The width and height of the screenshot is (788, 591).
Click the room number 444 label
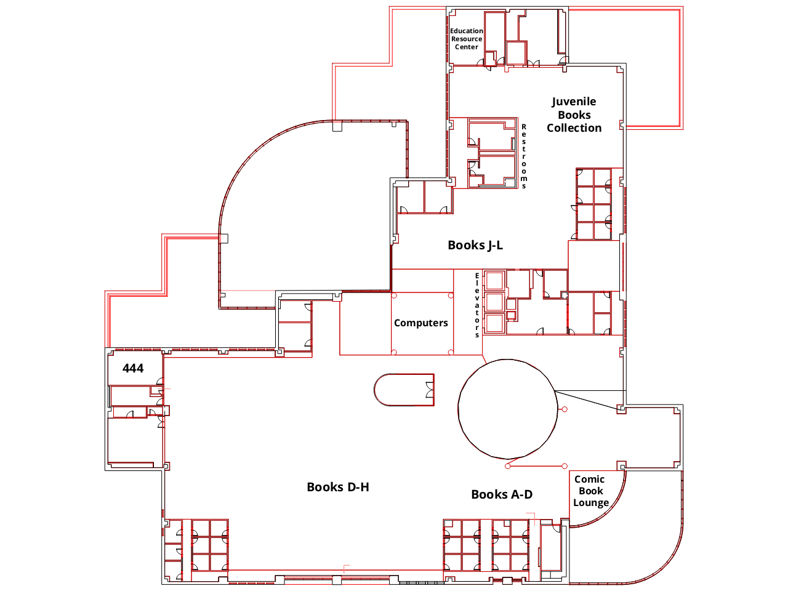[133, 368]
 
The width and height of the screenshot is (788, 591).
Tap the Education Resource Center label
[466, 39]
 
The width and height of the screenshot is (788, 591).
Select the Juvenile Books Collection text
[574, 115]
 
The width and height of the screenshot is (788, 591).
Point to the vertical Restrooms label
[524, 156]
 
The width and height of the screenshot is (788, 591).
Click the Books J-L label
[475, 245]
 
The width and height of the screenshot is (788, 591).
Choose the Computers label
[421, 323]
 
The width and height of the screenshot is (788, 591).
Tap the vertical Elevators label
[477, 305]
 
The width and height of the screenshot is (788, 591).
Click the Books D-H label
[338, 487]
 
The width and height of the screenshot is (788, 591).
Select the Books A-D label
[502, 494]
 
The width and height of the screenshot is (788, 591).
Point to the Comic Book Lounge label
[590, 491]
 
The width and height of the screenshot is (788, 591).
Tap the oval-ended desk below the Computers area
[403, 390]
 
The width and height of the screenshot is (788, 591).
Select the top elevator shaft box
[494, 281]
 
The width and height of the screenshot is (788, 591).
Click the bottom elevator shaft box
[494, 323]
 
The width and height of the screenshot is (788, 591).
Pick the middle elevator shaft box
[494, 302]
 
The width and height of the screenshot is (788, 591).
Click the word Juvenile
[574, 102]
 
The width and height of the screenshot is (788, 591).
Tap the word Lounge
[591, 502]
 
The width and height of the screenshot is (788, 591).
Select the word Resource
[466, 39]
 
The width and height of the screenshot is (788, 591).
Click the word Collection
[574, 128]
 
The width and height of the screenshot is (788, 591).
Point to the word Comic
[589, 479]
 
